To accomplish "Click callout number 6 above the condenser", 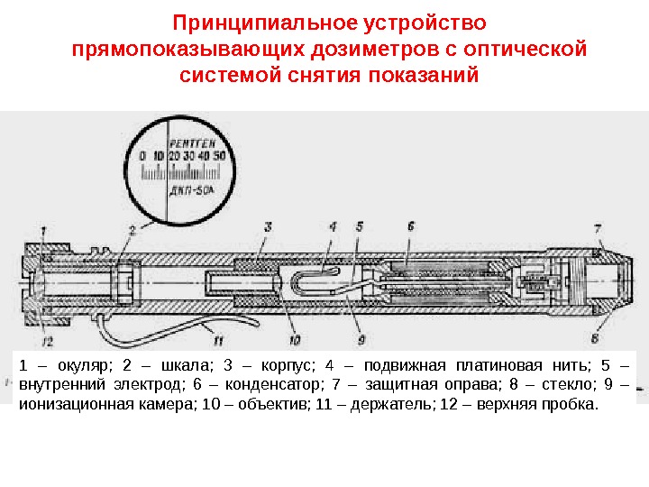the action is (x=411, y=225).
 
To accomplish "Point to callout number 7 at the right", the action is (x=599, y=225).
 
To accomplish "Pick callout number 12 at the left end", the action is (x=48, y=341).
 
